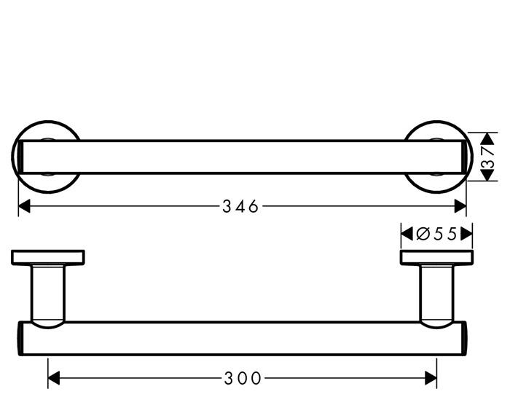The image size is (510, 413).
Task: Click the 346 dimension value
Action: tap(240, 207)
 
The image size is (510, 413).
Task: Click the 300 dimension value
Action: tap(243, 378)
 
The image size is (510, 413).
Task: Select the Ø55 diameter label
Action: tap(436, 234)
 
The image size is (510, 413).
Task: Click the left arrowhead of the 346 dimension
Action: tap(23, 207)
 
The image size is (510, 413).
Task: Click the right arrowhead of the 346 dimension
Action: tap(460, 207)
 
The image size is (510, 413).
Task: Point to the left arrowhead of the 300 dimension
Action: tap(53, 378)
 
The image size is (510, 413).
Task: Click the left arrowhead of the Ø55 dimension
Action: tap(406, 234)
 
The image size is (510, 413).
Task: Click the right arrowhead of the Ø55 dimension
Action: tap(468, 234)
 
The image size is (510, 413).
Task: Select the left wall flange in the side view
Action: tap(48, 257)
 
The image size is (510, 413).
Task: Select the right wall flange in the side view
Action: tap(436, 257)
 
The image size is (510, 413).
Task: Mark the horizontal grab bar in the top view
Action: tap(240, 157)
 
